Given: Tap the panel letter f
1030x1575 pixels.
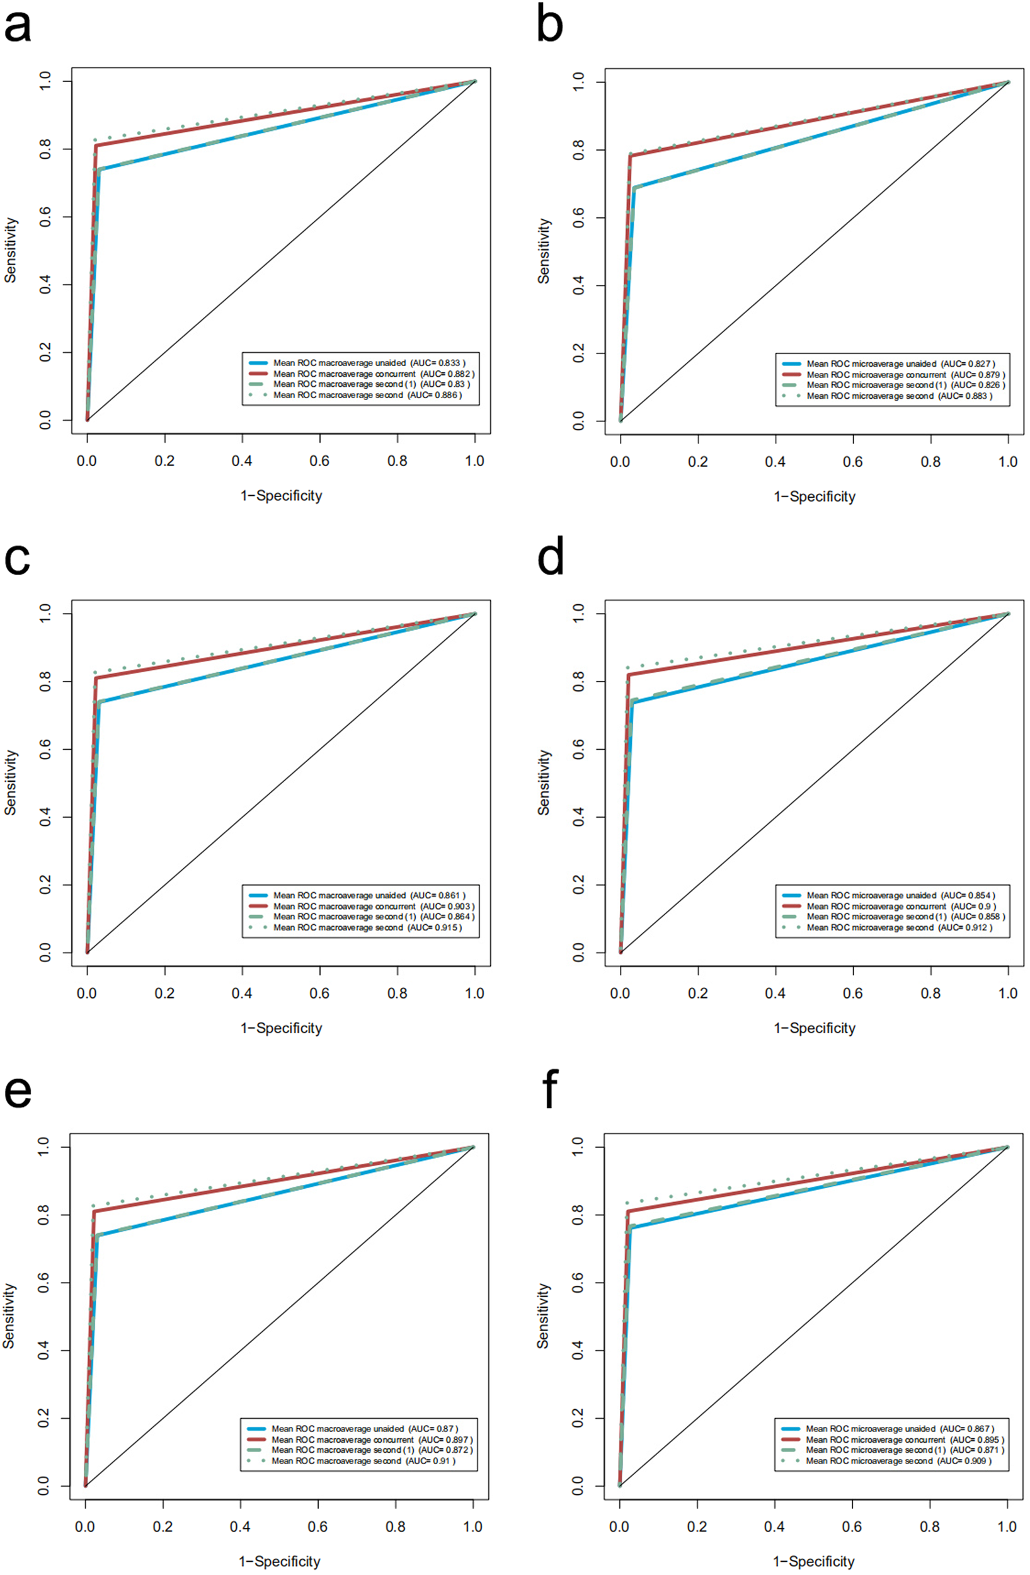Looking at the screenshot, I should point(550,1091).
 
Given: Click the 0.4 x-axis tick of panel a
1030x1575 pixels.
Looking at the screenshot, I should point(242,461).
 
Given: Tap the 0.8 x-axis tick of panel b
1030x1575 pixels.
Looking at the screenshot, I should point(930,462).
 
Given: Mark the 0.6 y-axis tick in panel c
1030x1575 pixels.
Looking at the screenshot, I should point(45,749).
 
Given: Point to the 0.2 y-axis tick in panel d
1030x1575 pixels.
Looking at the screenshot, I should point(580,885).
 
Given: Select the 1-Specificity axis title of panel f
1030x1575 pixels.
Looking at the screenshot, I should point(814,1561).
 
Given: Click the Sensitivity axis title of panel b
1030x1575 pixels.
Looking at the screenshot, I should point(544,251).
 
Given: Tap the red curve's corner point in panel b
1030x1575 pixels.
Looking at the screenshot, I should point(631,156).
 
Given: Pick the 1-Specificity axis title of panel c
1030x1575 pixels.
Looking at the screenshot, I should point(281,1028).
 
